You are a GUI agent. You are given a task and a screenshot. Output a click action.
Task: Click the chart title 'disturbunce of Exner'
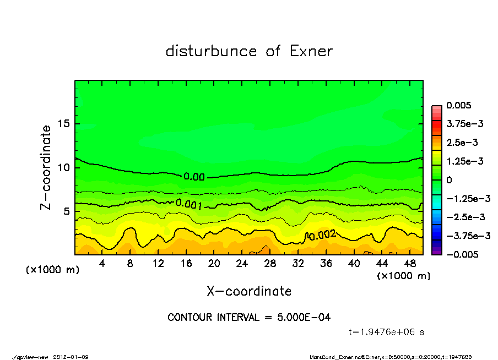tap(249, 51)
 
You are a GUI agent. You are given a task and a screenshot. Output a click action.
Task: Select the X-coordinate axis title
tap(249, 291)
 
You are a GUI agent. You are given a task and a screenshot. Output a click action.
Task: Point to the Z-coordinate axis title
tap(46, 167)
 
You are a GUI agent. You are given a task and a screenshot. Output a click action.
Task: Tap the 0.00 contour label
tap(194, 177)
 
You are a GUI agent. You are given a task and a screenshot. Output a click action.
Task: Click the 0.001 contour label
tap(188, 204)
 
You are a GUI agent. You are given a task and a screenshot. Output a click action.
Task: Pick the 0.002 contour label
tap(322, 236)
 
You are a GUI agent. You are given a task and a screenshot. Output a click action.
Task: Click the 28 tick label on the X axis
tap(270, 264)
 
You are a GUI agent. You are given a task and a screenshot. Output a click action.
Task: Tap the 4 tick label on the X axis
tap(102, 264)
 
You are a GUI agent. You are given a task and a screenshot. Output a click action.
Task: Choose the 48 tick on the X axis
tap(409, 264)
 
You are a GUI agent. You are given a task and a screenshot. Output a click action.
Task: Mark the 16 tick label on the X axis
tap(186, 264)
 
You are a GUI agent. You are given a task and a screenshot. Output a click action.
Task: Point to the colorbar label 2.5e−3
tap(462, 143)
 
